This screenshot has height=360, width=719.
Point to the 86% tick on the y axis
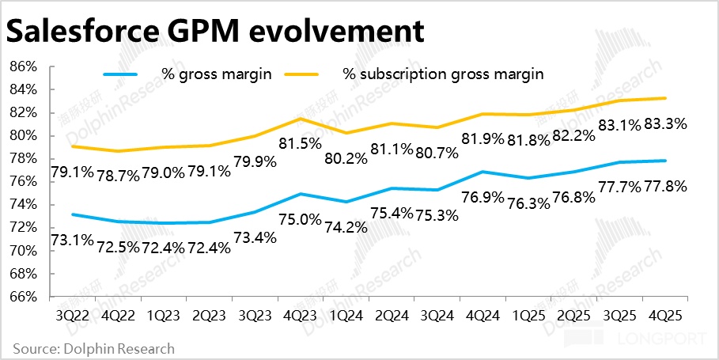tap(23, 66)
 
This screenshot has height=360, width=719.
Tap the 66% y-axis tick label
tap(23, 297)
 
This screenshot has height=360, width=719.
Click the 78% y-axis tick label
tap(23, 159)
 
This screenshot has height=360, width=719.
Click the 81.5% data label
tap(301, 144)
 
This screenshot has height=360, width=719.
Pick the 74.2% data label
tap(346, 225)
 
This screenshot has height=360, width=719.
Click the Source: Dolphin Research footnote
tap(93, 348)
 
